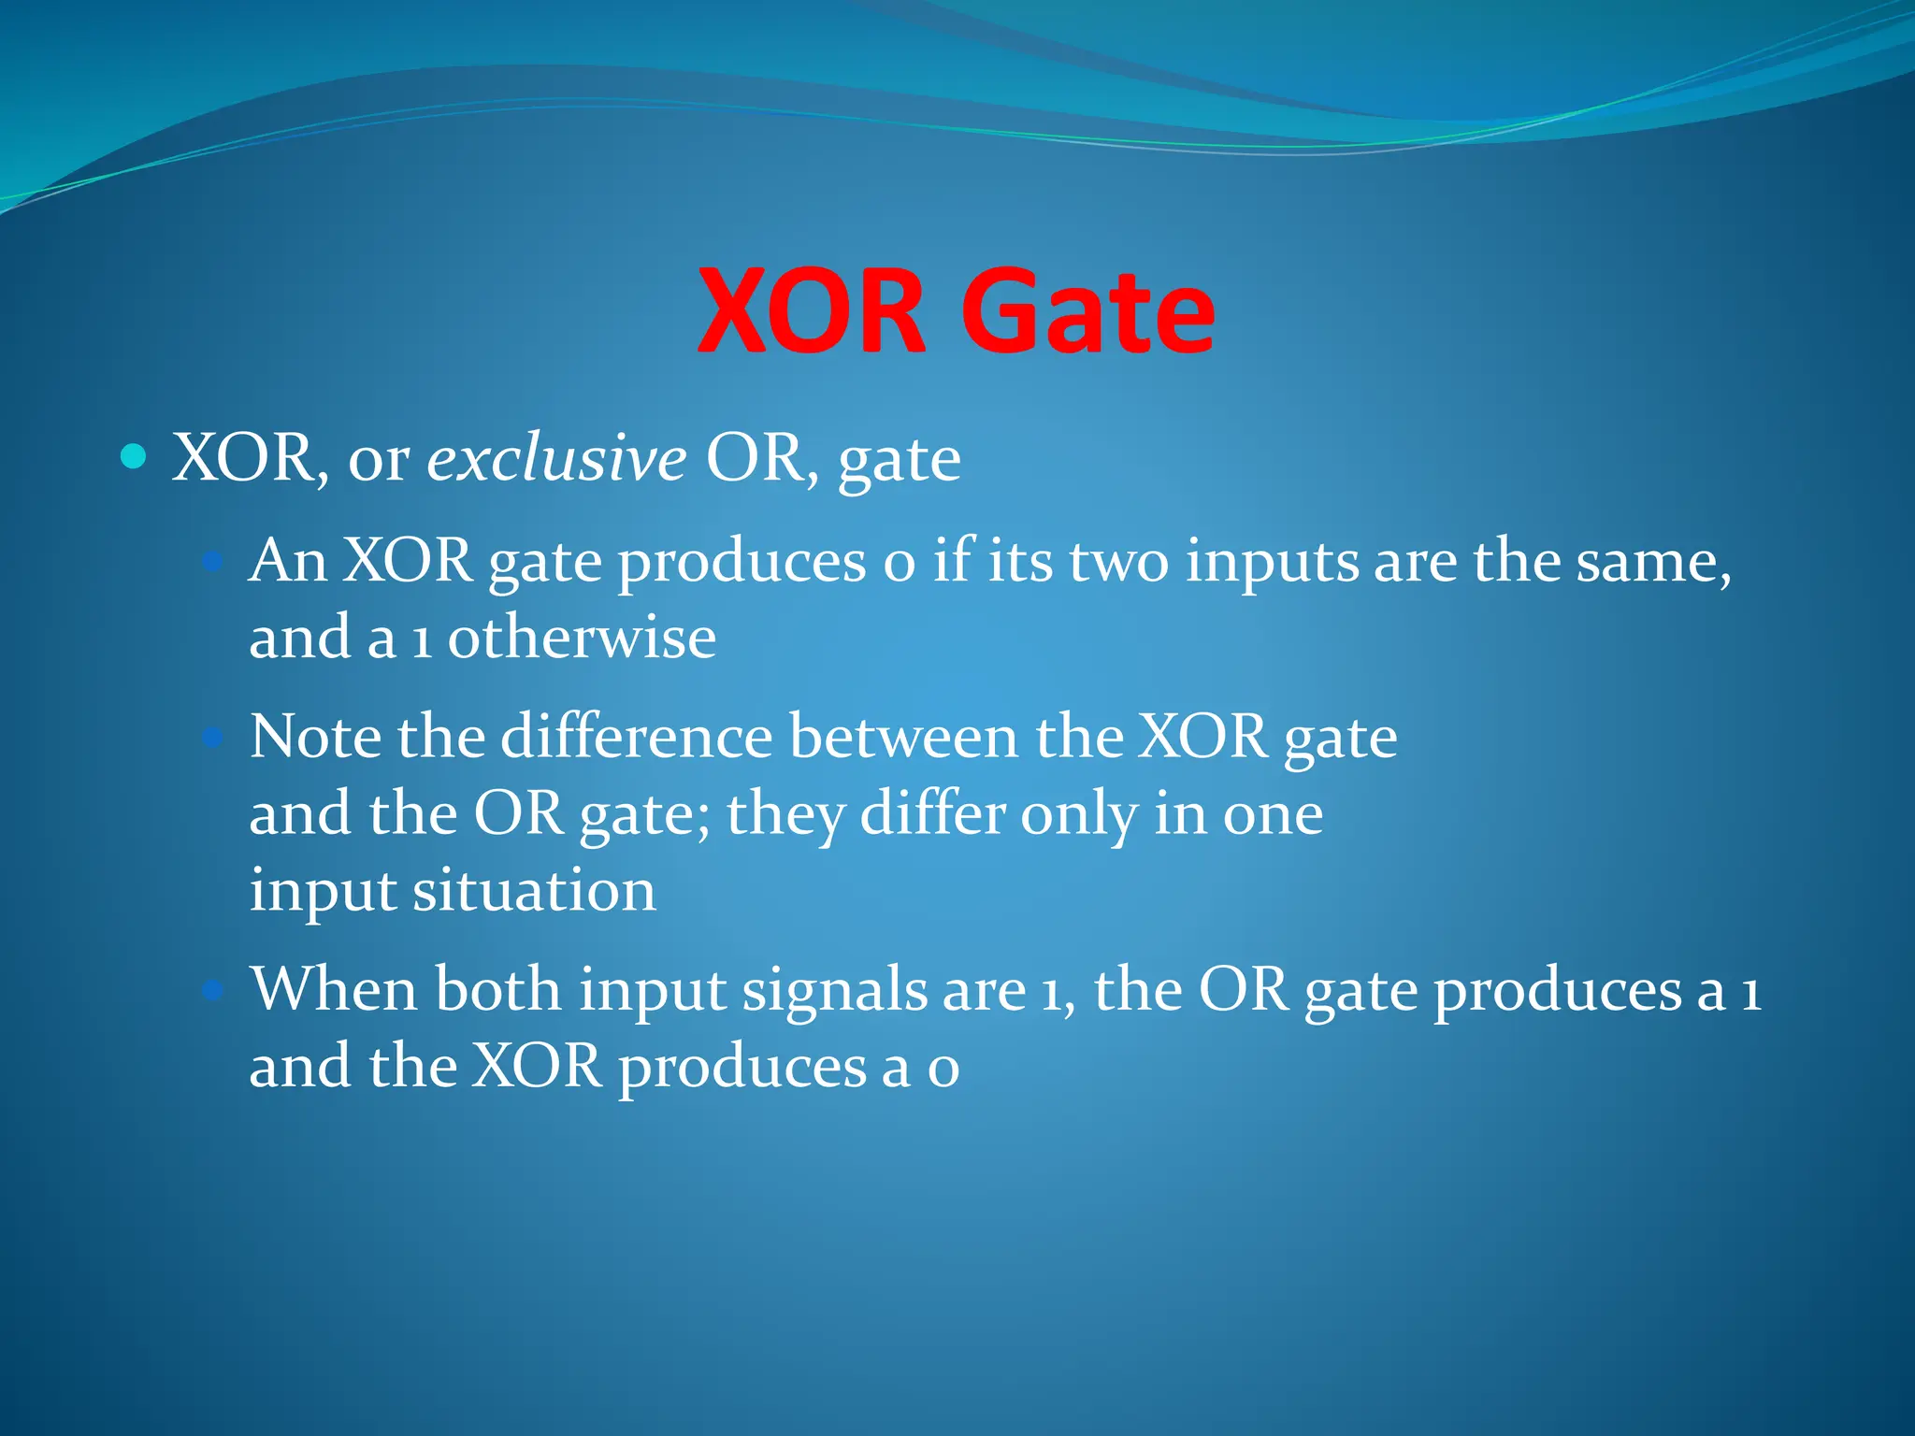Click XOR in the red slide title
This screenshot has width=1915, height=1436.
[x=812, y=311]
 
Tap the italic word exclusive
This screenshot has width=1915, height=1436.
[x=556, y=459]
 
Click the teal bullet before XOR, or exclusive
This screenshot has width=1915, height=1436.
[x=135, y=457]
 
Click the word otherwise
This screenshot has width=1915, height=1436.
[x=582, y=639]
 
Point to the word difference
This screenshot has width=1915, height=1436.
[x=637, y=738]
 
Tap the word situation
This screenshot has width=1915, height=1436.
[x=534, y=890]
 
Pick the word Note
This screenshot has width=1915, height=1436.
[x=315, y=738]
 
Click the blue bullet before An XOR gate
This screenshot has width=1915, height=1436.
[x=213, y=562]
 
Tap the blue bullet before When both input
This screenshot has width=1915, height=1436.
[x=213, y=990]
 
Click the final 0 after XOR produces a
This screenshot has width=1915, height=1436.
[x=943, y=1069]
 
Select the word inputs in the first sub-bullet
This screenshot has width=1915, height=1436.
[x=1272, y=564]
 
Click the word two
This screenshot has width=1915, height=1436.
[x=1118, y=564]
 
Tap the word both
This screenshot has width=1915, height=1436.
[x=497, y=990]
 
